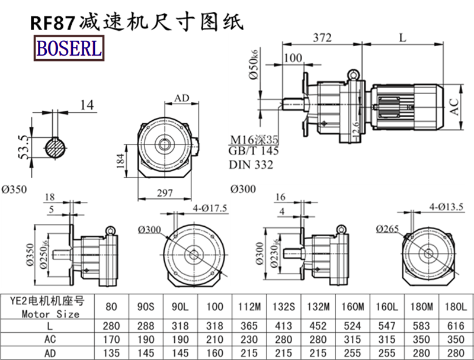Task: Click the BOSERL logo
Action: point(69,47)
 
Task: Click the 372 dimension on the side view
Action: point(322,38)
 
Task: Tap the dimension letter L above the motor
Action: point(402,38)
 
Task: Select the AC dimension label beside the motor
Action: point(454,106)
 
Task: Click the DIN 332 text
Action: point(251,165)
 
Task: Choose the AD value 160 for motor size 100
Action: point(216,353)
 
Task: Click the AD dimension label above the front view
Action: point(182,98)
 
